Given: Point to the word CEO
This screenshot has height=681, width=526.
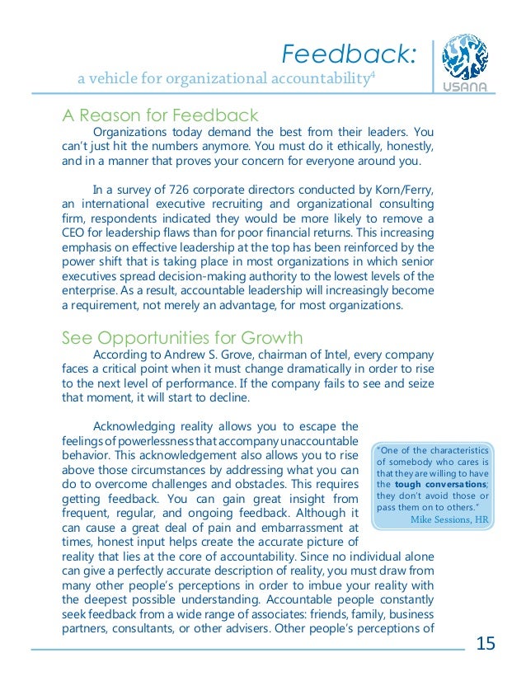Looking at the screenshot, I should pyautogui.click(x=76, y=232).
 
